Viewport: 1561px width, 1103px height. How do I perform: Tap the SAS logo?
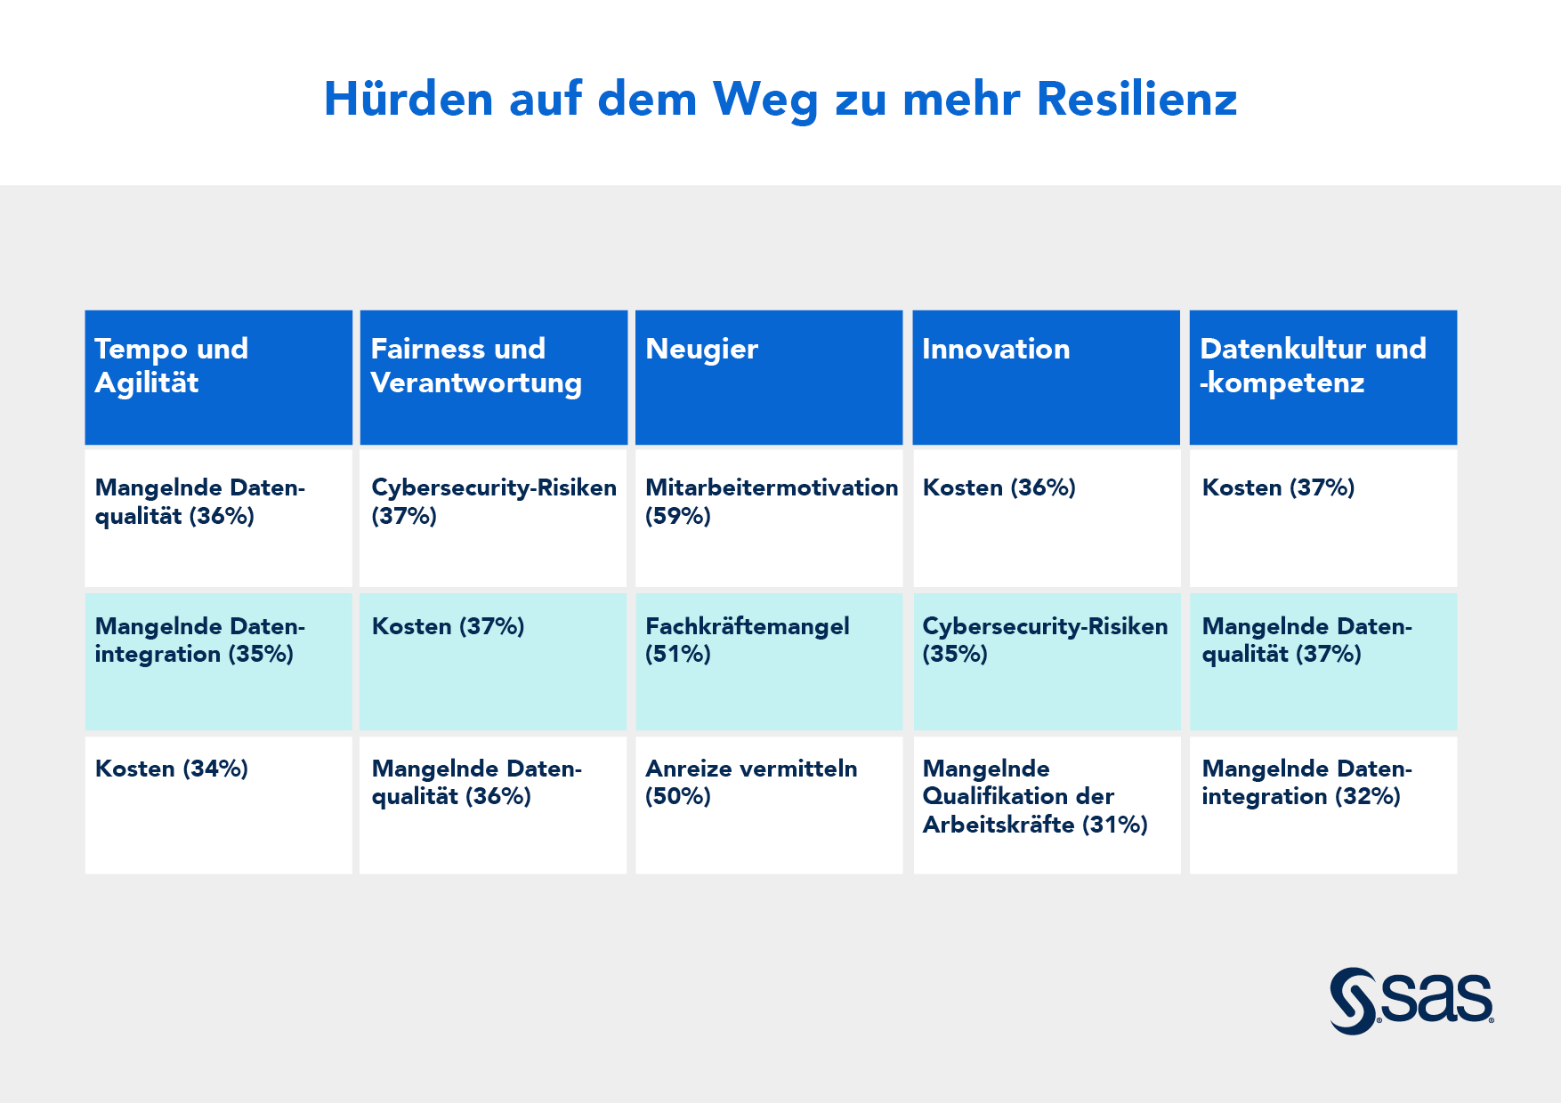(x=1411, y=1001)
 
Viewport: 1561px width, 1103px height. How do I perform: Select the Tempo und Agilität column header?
(x=218, y=377)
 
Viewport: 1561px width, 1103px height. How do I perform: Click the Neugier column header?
(x=768, y=377)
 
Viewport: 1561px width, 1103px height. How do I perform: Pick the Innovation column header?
(x=1046, y=377)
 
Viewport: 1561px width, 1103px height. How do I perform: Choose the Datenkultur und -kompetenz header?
(x=1322, y=377)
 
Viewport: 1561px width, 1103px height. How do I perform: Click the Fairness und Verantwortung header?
(x=493, y=377)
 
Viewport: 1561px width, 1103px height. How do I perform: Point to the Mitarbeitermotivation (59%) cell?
(x=768, y=516)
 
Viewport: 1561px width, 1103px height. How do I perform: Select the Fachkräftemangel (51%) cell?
(x=768, y=661)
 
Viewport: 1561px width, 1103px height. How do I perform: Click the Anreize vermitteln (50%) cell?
(x=768, y=803)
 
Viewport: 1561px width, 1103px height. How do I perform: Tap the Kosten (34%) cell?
(x=218, y=803)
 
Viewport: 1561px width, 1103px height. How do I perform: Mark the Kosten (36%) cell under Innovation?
(x=1046, y=516)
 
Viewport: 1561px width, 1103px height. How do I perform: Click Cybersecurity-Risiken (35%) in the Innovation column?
(x=1046, y=661)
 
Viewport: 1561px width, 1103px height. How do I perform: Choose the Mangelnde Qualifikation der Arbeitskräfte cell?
(x=1046, y=803)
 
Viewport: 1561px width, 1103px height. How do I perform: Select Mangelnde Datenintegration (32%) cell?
(x=1322, y=803)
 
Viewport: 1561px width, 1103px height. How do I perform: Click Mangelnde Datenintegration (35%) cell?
(x=218, y=661)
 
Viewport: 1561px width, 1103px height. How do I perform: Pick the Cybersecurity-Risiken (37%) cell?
(x=493, y=516)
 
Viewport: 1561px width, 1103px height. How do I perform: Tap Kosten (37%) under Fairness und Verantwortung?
(x=493, y=661)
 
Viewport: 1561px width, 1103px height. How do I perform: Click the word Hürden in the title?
(x=408, y=99)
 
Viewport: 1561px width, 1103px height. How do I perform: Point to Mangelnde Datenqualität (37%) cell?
(x=1322, y=661)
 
